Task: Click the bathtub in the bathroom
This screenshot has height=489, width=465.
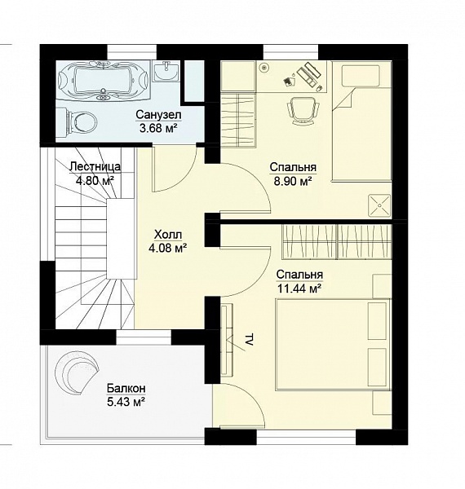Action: (x=104, y=80)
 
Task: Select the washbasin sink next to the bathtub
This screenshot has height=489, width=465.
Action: (x=166, y=71)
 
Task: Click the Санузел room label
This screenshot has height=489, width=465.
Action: (x=158, y=115)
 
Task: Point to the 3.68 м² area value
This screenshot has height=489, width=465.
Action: (x=158, y=128)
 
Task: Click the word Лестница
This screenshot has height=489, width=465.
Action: (x=95, y=166)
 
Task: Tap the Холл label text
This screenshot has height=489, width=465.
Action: (x=168, y=234)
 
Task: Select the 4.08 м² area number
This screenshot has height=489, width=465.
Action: (x=168, y=248)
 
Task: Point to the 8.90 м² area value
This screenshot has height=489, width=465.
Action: (x=293, y=181)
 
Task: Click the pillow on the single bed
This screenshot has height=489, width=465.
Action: (x=361, y=76)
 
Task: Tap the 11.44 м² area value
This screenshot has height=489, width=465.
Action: (x=299, y=289)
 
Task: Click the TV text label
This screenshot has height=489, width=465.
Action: (x=249, y=340)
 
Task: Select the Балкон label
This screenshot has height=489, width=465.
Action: (x=126, y=389)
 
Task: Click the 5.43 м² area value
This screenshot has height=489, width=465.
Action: (x=126, y=402)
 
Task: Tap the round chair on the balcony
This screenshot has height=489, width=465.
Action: (x=77, y=372)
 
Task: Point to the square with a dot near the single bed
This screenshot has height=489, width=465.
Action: (x=379, y=205)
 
